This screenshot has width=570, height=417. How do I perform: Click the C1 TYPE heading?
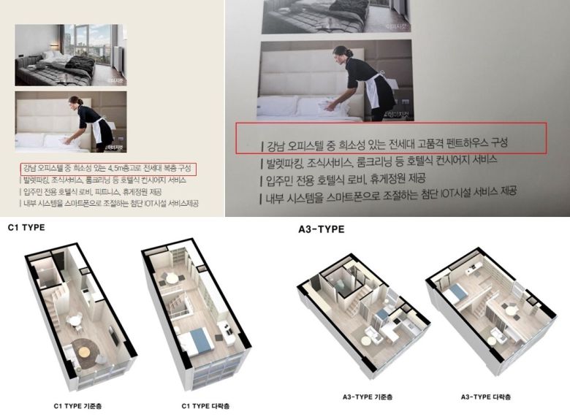click(26, 227)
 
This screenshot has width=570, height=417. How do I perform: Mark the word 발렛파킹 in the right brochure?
click(289, 158)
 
